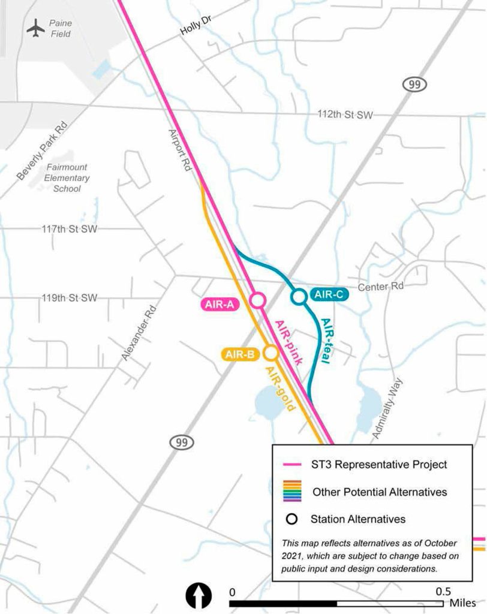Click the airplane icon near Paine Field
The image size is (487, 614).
[x=36, y=28]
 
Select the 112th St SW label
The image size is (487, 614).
[x=345, y=115]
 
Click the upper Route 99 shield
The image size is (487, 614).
[x=414, y=85]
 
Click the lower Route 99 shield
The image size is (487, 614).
[x=181, y=443]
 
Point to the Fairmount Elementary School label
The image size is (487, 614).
[x=67, y=179]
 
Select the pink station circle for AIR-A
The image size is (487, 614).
[x=258, y=300]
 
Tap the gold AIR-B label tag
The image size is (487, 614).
[x=241, y=355]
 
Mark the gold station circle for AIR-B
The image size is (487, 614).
[x=271, y=352]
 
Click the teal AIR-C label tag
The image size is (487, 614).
[x=327, y=294]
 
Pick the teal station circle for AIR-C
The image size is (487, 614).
[x=298, y=296]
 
